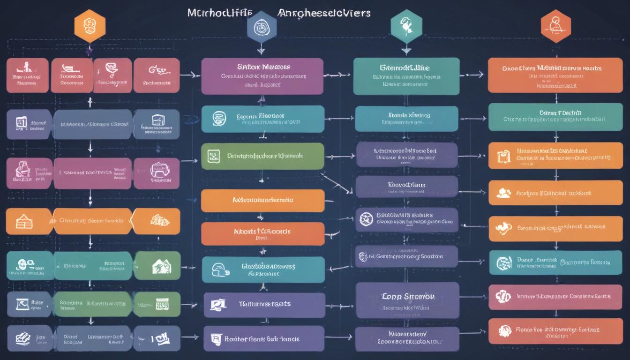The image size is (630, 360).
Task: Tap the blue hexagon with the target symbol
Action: [262, 27]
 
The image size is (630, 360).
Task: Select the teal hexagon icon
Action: [406, 24]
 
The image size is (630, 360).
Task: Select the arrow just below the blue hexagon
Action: [262, 50]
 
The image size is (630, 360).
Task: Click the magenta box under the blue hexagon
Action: [262, 76]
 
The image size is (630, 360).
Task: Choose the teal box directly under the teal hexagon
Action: [406, 76]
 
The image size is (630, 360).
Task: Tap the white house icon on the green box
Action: [162, 266]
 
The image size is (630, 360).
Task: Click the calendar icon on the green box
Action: [213, 156]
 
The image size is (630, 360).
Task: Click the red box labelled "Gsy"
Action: [157, 75]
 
